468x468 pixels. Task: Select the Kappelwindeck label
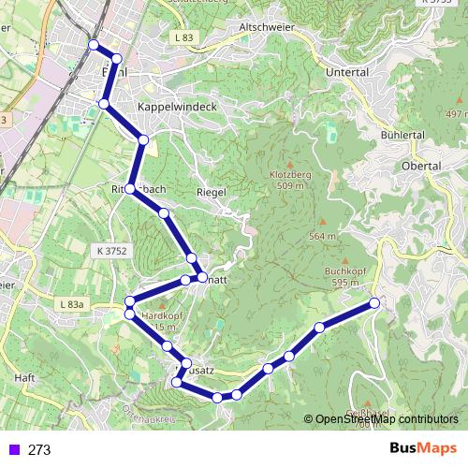coord(177,108)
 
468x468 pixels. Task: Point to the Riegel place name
coord(212,192)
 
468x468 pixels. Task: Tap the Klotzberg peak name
coord(288,175)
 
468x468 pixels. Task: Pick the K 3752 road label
coord(111,252)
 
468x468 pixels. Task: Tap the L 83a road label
coord(69,305)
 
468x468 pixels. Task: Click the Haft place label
coord(25,377)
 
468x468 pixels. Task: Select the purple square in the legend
coord(12,450)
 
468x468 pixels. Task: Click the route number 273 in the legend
coord(39,450)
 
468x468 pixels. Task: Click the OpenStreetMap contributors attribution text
coord(387,420)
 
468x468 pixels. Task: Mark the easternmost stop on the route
coord(375,302)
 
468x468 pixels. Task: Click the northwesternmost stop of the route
coord(93,45)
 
